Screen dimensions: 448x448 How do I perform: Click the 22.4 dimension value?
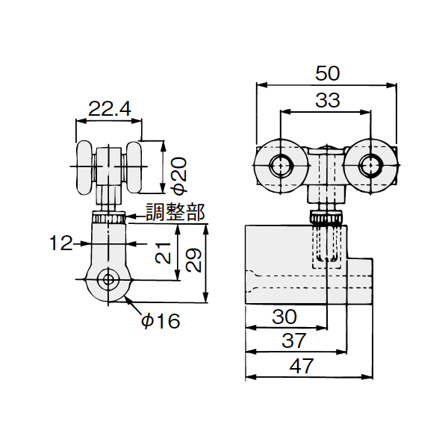pyautogui.click(x=110, y=109)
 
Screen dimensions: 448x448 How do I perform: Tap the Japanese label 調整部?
pyautogui.click(x=175, y=212)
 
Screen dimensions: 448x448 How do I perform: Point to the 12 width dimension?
pyautogui.click(x=61, y=243)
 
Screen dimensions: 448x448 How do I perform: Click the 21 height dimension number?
pyautogui.click(x=163, y=252)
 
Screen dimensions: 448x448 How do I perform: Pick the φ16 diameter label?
pyautogui.click(x=161, y=320)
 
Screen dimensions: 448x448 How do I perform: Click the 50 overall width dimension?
pyautogui.click(x=328, y=73)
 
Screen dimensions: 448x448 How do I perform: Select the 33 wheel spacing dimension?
pyautogui.click(x=328, y=100)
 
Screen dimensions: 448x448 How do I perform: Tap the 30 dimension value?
pyautogui.click(x=284, y=317)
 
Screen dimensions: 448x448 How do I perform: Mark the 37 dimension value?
pyautogui.click(x=294, y=340)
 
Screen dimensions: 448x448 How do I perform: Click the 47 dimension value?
pyautogui.click(x=302, y=366)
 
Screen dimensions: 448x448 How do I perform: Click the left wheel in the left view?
pyautogui.click(x=84, y=167)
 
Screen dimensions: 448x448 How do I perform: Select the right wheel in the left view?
pyautogui.click(x=134, y=167)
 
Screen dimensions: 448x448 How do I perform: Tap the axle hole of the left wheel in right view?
pyautogui.click(x=281, y=166)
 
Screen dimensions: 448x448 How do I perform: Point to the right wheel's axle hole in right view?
pyautogui.click(x=370, y=166)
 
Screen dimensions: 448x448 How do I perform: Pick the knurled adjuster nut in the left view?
pyautogui.click(x=108, y=217)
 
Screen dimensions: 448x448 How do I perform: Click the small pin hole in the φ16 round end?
pyautogui.click(x=108, y=279)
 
